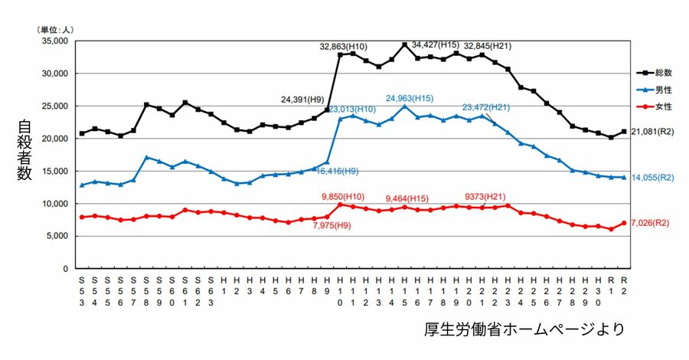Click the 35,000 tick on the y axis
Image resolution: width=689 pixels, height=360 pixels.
tap(54, 41)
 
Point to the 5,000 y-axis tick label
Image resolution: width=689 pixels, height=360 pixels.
tap(57, 237)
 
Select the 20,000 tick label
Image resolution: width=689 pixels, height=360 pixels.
tap(54, 139)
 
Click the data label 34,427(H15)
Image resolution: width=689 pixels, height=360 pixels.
tap(435, 44)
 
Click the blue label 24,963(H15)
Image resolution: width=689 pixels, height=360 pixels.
tap(410, 99)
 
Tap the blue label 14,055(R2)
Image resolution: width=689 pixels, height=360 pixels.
tap(652, 177)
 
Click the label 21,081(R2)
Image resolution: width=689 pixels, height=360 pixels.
tap(652, 132)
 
